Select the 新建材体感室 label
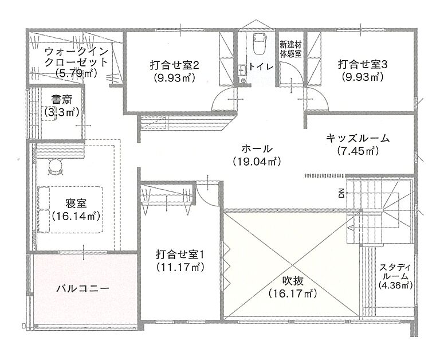[x=290, y=49]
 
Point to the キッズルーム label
[x=357, y=138]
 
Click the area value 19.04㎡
[x=256, y=162]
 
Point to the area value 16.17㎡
[x=292, y=294]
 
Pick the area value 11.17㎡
[x=180, y=267]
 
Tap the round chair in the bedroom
[x=56, y=167]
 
